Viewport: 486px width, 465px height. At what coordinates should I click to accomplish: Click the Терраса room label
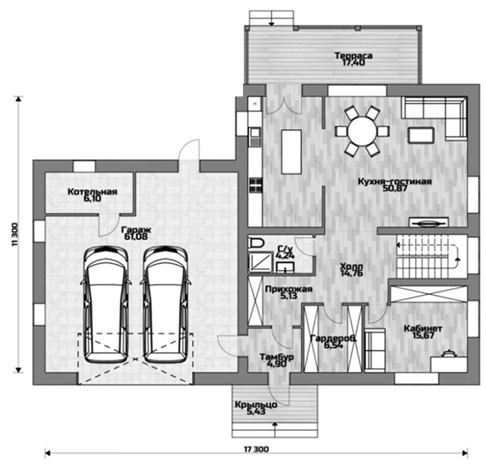pyautogui.click(x=353, y=56)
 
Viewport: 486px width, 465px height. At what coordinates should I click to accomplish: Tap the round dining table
pyautogui.click(x=362, y=132)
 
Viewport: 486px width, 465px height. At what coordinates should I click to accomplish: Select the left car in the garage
pyautogui.click(x=106, y=305)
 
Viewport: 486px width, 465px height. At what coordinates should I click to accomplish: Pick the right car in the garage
pyautogui.click(x=165, y=305)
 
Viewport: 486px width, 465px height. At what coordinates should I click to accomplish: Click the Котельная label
pyautogui.click(x=92, y=192)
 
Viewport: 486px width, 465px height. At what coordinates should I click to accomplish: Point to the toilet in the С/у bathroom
pyautogui.click(x=256, y=243)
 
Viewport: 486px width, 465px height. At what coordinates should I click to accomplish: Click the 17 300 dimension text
pyautogui.click(x=256, y=449)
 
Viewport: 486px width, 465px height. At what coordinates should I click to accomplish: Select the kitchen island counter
pyautogui.click(x=292, y=151)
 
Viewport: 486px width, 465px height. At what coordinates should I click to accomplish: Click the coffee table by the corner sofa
pyautogui.click(x=421, y=135)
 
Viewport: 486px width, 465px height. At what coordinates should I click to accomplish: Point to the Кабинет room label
pyautogui.click(x=423, y=328)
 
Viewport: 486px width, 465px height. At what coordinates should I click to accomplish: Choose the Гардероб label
pyautogui.click(x=333, y=338)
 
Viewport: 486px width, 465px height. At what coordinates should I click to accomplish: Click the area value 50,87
pyautogui.click(x=395, y=188)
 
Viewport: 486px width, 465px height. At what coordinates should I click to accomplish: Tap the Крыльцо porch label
pyautogui.click(x=256, y=405)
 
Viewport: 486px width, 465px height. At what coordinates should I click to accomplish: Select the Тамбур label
pyautogui.click(x=277, y=357)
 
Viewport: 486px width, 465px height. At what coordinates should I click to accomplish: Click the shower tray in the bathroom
pyautogui.click(x=260, y=262)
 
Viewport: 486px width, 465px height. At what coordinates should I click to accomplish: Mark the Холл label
pyautogui.click(x=351, y=266)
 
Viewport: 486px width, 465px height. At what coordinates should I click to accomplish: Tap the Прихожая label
pyautogui.click(x=289, y=289)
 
